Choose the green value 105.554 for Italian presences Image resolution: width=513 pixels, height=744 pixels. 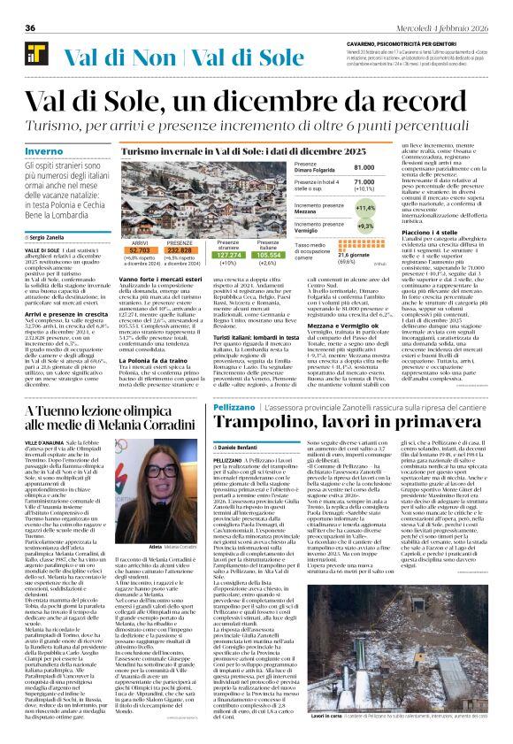270,254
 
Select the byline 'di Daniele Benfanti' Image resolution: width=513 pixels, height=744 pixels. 243,449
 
